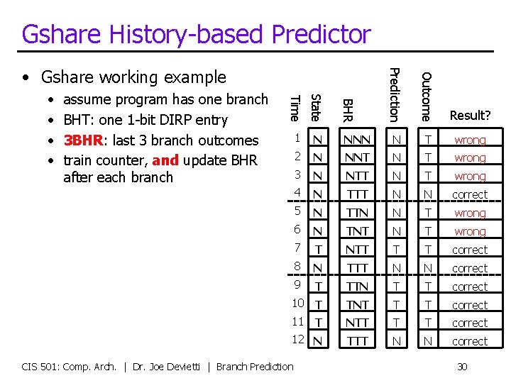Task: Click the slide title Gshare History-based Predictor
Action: click(196, 34)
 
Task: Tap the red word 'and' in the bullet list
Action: click(165, 160)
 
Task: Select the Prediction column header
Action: click(395, 94)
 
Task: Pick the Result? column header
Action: click(470, 115)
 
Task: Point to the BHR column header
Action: click(347, 109)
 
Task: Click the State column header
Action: click(317, 106)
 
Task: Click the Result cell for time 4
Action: click(470, 194)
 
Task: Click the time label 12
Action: click(298, 340)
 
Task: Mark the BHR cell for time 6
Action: click(356, 231)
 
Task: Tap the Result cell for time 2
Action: click(470, 158)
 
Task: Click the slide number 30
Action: click(462, 367)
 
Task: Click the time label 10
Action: click(298, 304)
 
